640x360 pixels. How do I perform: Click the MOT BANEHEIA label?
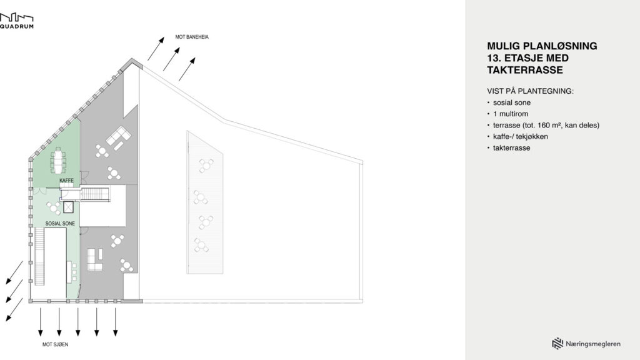192,37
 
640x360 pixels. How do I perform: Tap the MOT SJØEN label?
55,344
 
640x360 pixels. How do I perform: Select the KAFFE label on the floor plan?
66,181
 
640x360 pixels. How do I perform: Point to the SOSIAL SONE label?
60,224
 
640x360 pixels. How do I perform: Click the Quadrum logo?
17,21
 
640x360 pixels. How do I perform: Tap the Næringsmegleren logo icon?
557,344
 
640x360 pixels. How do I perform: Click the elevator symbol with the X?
68,207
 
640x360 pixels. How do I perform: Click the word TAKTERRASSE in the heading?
525,70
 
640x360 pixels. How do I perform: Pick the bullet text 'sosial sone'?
512,103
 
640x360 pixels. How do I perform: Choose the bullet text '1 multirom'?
511,114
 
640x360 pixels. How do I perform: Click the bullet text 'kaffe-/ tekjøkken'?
521,137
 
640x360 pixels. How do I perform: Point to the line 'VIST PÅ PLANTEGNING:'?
530,91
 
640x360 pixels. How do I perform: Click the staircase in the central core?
96,194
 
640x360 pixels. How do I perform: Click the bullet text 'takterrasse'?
511,148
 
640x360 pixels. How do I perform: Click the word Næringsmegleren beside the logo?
593,344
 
